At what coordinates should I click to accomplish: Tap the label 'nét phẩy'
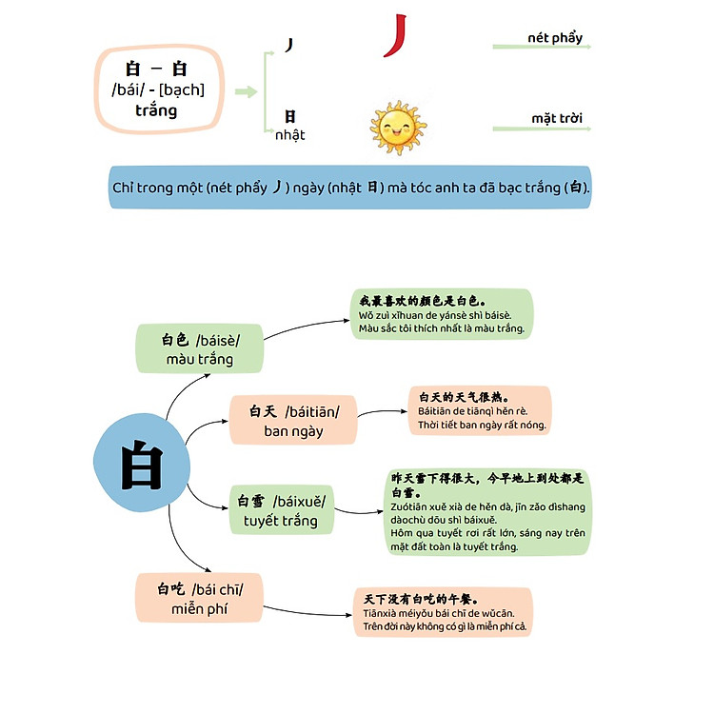(554, 38)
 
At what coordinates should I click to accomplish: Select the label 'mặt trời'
(557, 119)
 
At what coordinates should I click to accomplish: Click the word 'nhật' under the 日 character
(289, 135)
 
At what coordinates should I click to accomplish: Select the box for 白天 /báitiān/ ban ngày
(293, 420)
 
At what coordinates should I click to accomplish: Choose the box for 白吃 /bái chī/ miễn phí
(199, 597)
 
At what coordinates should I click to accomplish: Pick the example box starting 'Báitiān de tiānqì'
(480, 410)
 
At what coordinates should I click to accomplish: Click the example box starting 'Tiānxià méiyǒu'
(443, 612)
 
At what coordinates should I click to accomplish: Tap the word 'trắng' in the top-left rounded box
(156, 110)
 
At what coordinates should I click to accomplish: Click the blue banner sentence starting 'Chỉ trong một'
(350, 188)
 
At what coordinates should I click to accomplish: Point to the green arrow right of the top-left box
(246, 91)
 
